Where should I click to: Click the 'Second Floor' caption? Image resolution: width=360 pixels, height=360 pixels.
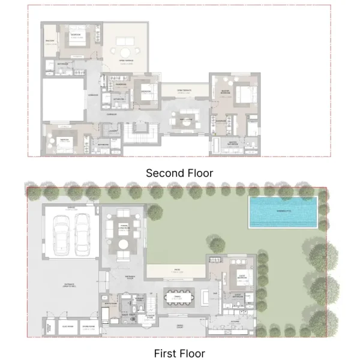click(179, 173)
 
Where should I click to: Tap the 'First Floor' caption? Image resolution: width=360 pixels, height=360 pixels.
click(179, 353)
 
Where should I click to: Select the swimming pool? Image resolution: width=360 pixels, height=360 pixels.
click(283, 212)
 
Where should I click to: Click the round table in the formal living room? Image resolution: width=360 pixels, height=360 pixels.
click(124, 245)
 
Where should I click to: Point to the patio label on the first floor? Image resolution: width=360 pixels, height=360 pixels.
click(177, 271)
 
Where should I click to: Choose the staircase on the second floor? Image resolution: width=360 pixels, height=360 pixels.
click(142, 130)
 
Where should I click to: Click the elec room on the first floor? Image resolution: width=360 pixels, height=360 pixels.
click(70, 328)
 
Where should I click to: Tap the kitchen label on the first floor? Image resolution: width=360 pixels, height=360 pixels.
click(236, 322)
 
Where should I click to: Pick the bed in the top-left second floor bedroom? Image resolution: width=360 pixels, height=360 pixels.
click(77, 43)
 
